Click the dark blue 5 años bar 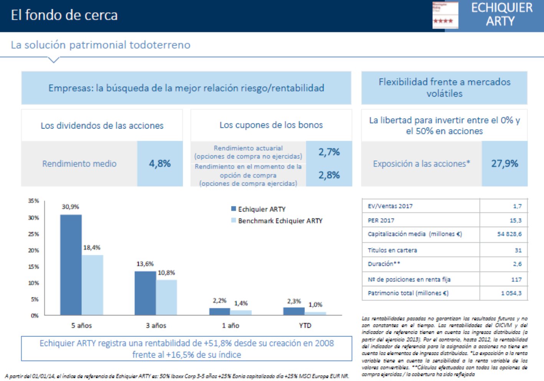coord(71,265)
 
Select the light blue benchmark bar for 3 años coord(167,297)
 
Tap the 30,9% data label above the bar coord(70,207)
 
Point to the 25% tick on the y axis coord(33,234)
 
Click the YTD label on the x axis coord(305,325)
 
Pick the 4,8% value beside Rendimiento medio coord(160,163)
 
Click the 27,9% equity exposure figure coord(504,163)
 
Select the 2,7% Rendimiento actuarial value coord(329,152)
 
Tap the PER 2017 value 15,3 coord(515,220)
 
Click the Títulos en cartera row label coord(392,250)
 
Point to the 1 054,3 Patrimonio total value coord(511,293)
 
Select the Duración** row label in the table coord(384,264)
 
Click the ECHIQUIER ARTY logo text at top coord(501,15)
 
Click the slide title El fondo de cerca coord(64,15)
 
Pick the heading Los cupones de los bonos coord(271,125)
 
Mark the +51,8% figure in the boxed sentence coord(217,343)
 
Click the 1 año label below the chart coord(230,325)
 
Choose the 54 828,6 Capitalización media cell coord(509,234)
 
